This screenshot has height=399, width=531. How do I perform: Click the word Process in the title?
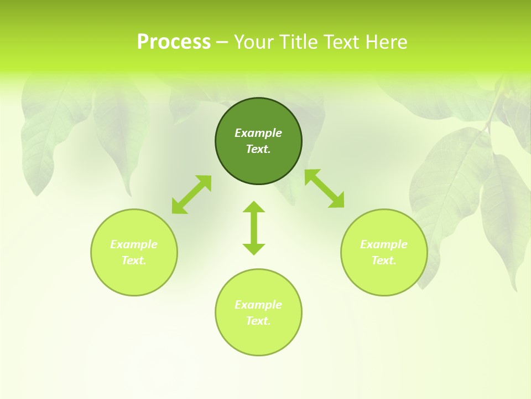tap(174, 42)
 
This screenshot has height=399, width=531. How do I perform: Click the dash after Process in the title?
tap(222, 43)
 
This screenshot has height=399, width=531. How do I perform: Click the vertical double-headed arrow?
tap(254, 228)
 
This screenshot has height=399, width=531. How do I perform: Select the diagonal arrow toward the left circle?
tap(191, 195)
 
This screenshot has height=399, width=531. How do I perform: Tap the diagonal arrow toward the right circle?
tap(325, 188)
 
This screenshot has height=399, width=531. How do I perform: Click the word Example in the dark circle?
tap(258, 133)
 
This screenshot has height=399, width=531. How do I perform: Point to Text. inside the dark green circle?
tap(258, 149)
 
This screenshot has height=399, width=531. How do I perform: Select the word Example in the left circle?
tap(134, 244)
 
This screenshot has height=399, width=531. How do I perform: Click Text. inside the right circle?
tap(384, 260)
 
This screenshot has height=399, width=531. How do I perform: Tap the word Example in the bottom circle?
tap(258, 305)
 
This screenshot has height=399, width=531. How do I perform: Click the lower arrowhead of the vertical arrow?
tap(254, 249)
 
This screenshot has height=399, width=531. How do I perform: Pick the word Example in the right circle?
tap(384, 244)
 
